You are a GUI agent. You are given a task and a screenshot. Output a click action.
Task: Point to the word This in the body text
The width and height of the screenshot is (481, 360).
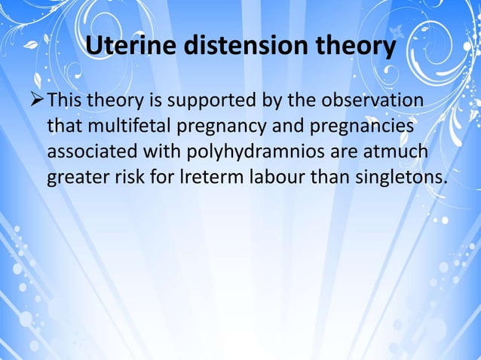[66, 101]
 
